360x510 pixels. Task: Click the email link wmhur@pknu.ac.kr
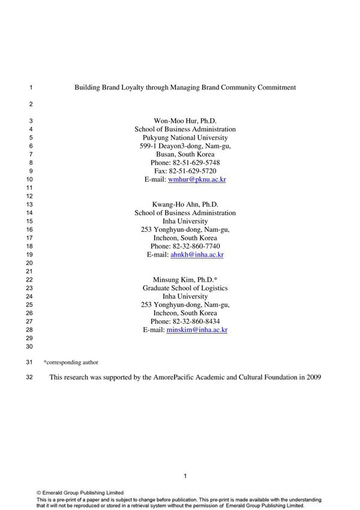coord(197,179)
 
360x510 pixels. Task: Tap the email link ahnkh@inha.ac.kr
coord(197,254)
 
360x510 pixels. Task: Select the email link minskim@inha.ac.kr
coord(197,329)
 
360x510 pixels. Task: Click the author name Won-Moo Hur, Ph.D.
coord(185,121)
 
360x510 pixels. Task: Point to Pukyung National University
coord(185,137)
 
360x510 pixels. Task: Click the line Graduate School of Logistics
coord(185,288)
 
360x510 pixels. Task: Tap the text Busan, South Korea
coord(185,154)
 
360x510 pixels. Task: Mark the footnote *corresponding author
coord(71,362)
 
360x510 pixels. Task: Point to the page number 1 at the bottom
coord(185,476)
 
